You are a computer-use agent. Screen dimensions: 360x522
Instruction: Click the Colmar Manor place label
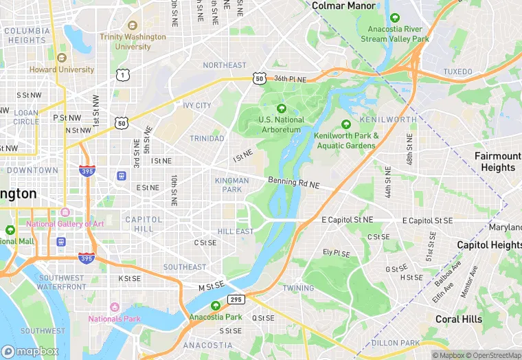point(343,5)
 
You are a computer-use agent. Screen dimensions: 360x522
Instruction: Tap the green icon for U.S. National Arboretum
point(280,109)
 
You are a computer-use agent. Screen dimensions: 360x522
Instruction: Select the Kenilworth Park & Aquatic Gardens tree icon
point(346,124)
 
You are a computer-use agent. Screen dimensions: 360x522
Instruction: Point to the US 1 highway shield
point(122,74)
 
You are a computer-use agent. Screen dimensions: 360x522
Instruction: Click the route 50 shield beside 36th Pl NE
point(259,79)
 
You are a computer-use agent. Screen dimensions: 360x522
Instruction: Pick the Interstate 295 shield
point(236,300)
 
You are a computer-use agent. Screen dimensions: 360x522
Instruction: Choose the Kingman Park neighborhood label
point(232,185)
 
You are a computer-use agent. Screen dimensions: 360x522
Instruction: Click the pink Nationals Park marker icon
point(114,306)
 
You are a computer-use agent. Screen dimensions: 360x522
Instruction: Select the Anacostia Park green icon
point(216,306)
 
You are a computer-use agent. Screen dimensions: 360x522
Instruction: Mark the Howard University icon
point(61,58)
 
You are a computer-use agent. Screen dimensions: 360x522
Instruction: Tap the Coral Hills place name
point(459,319)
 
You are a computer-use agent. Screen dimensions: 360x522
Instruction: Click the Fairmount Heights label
point(497,161)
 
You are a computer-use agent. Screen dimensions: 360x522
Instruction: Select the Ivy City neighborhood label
point(197,106)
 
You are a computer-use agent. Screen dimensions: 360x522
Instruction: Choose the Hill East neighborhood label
point(236,232)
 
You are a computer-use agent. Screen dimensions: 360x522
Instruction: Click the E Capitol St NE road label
point(347,220)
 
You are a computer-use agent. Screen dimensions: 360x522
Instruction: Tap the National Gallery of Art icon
point(65,212)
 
